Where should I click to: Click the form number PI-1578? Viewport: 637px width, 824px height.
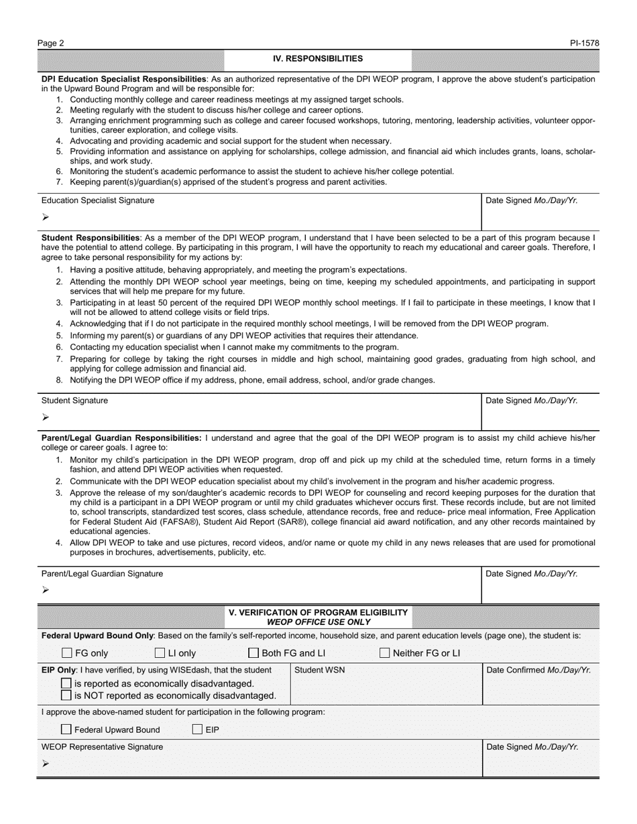[x=585, y=44]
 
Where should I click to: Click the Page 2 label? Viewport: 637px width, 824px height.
[x=51, y=44]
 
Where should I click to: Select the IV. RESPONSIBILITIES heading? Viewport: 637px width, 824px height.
[x=318, y=59]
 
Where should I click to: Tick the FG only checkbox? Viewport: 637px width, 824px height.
[x=67, y=653]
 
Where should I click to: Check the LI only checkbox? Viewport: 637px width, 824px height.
[x=160, y=653]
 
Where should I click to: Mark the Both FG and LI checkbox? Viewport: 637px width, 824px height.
[x=253, y=653]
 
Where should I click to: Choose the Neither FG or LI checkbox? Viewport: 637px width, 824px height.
[x=385, y=653]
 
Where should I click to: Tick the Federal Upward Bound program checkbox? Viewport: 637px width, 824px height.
[x=66, y=730]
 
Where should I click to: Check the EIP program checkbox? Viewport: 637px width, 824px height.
[x=197, y=730]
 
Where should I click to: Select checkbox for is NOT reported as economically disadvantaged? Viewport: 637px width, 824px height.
[x=66, y=695]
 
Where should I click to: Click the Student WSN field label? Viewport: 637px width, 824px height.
[x=320, y=670]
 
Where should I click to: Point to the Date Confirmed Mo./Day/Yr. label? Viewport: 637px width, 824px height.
[x=538, y=670]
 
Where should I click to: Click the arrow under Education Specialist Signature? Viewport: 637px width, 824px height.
[x=46, y=217]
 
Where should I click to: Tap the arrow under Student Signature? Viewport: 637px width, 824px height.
[x=46, y=417]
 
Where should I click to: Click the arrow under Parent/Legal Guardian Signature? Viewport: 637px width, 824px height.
[x=46, y=590]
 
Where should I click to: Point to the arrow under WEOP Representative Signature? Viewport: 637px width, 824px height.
[x=46, y=764]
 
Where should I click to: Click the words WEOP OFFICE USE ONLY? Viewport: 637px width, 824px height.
[x=318, y=622]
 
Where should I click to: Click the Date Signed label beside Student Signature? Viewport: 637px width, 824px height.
[x=531, y=401]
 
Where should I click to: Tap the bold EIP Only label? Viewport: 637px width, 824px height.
[x=58, y=670]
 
